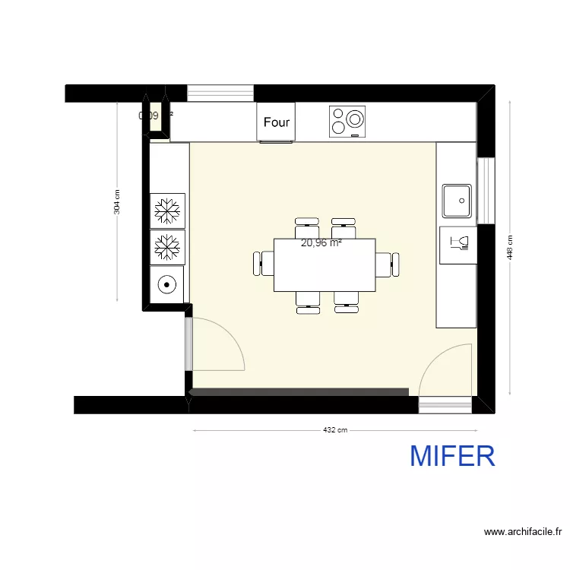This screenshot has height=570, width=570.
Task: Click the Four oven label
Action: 277,122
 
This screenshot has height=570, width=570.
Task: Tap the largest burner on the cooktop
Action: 354,119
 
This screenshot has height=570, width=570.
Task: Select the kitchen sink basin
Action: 458,201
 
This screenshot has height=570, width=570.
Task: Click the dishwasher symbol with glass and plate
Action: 458,243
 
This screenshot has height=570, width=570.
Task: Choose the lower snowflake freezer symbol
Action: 167,246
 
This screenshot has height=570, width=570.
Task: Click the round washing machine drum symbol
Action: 166,285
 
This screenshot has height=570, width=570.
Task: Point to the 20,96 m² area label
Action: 321,244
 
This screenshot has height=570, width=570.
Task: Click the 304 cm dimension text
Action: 116,203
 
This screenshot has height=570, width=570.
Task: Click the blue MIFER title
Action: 452,456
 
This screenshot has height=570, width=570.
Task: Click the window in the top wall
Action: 220,93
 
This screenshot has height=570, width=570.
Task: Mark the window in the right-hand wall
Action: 486,191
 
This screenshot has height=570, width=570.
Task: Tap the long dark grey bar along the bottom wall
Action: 299,392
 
